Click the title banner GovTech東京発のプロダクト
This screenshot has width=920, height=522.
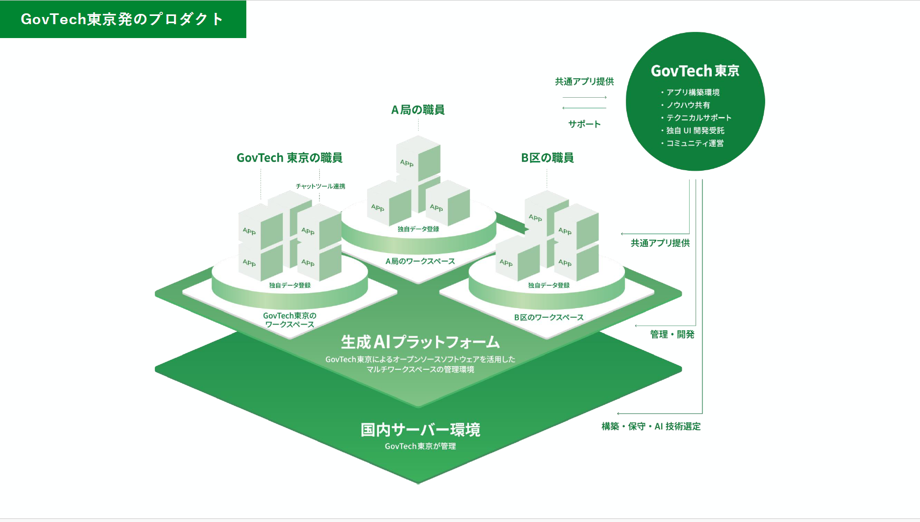122,19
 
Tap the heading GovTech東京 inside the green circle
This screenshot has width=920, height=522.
695,71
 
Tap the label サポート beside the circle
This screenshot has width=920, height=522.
584,124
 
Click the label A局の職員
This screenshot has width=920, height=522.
418,110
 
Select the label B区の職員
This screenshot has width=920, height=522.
547,157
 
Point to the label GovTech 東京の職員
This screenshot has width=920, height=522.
290,157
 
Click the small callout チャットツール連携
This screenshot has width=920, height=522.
320,186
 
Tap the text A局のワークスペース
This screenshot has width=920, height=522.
420,261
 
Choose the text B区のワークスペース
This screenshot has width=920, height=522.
549,317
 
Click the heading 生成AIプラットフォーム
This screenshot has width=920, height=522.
420,342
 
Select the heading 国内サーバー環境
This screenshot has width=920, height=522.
420,429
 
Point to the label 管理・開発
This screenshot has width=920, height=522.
672,334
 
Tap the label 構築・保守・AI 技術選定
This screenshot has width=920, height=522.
651,426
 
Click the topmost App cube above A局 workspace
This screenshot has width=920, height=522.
418,158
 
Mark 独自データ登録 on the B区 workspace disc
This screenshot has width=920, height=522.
549,285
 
